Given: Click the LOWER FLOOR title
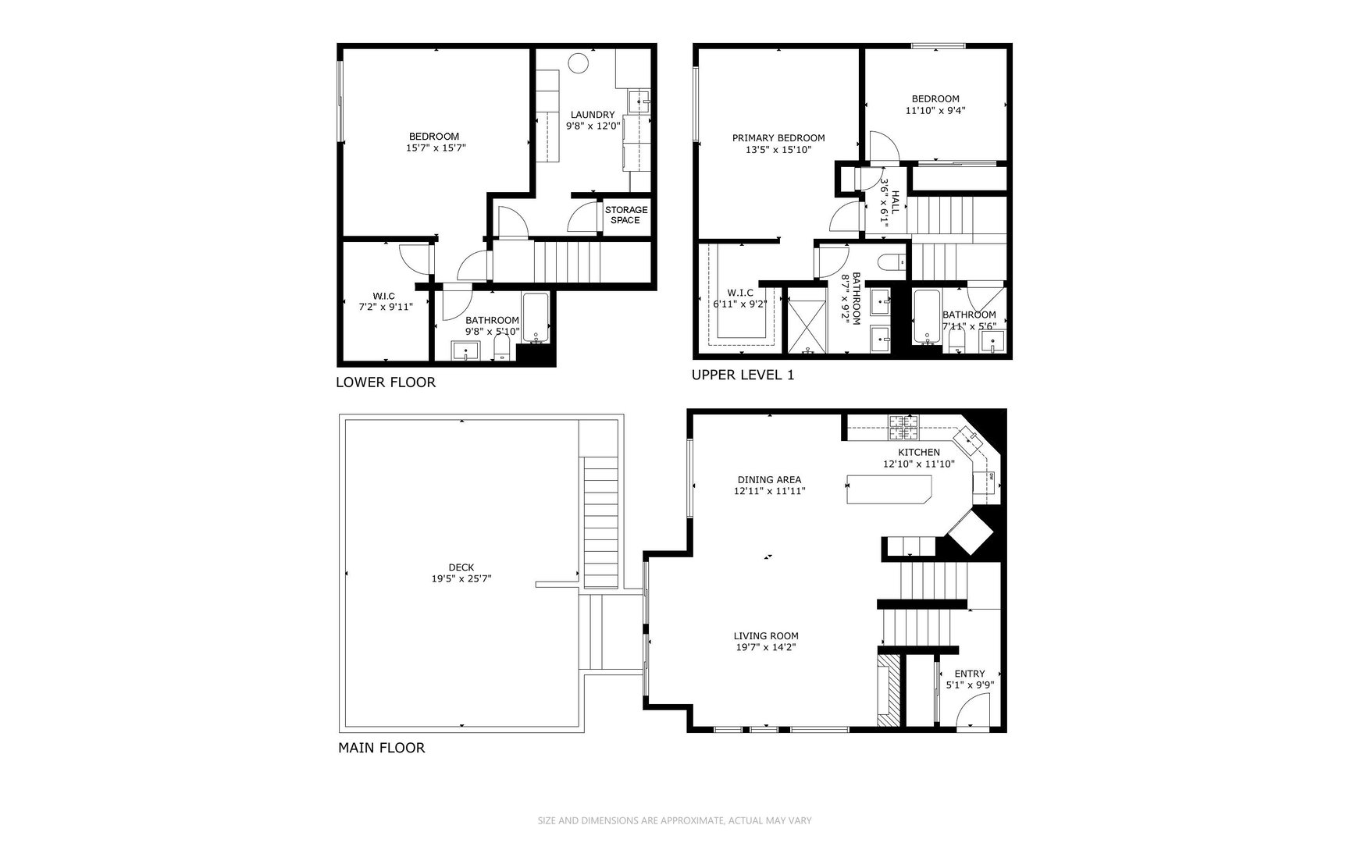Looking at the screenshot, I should click(385, 382).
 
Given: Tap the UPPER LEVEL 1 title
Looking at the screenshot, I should click(743, 375).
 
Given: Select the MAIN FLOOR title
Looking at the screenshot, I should click(381, 748).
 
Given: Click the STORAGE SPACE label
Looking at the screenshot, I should click(625, 215).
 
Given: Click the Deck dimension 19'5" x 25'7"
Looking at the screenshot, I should click(461, 579).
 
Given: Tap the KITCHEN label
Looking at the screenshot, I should click(918, 452).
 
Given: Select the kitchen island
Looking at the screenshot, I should click(889, 489).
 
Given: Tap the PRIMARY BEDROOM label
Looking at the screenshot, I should click(778, 138).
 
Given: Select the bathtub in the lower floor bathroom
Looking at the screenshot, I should click(536, 318).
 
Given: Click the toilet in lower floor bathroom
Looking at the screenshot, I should click(502, 349).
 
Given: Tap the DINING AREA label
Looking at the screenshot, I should click(769, 480).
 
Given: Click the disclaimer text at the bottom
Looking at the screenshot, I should click(675, 820).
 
